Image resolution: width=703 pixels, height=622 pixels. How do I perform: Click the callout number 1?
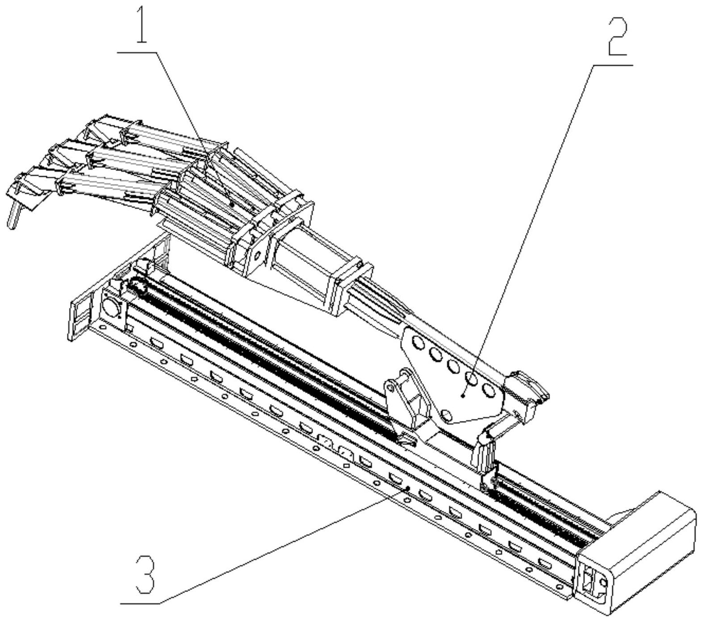[x=141, y=26]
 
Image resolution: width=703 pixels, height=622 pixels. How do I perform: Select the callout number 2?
[x=618, y=37]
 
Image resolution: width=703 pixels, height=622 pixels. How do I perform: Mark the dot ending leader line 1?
[x=232, y=204]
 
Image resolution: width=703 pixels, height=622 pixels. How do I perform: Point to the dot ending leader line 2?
[x=464, y=395]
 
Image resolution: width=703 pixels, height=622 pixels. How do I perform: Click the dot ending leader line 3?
[x=408, y=489]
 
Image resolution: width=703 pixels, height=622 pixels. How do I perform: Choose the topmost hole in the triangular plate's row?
[x=418, y=343]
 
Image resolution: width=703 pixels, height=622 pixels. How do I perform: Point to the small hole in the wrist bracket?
[x=258, y=256]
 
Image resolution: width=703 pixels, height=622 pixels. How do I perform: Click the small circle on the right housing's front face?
[x=603, y=583]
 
